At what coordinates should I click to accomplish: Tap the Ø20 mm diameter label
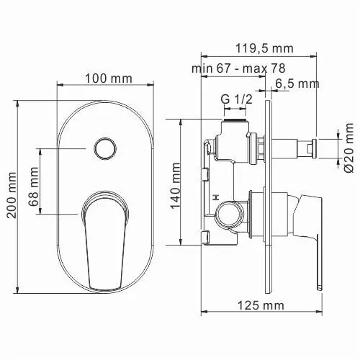(x=348, y=148)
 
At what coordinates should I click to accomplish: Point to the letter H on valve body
(x=215, y=196)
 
